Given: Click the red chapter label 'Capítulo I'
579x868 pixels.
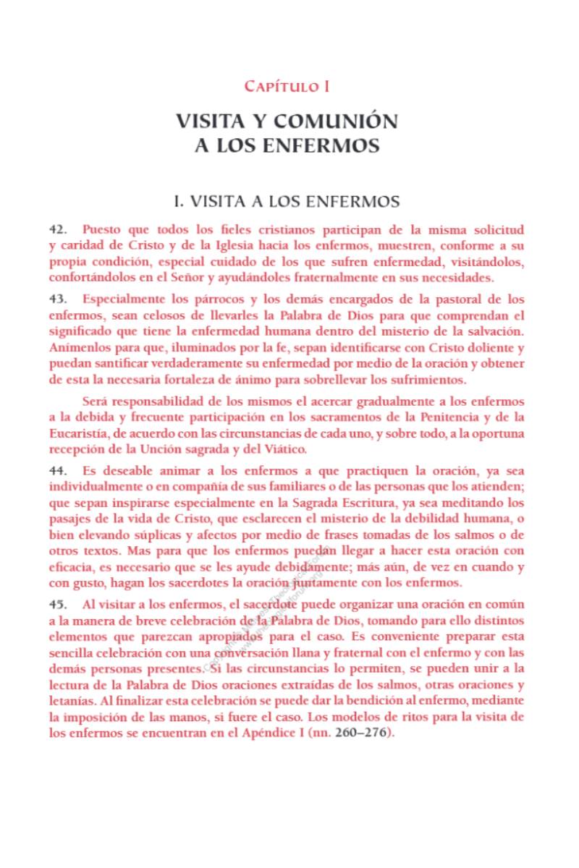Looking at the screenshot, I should (x=287, y=87).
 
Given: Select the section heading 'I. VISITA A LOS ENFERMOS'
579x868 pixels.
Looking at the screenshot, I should (x=287, y=200).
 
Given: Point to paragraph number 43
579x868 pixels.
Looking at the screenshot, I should (x=58, y=299).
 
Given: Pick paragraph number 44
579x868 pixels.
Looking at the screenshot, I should (x=58, y=472).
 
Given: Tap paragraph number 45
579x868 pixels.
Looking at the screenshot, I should (x=58, y=604).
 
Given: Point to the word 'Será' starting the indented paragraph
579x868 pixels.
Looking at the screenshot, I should (x=97, y=401).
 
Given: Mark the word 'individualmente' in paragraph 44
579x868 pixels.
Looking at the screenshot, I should (x=96, y=488).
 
